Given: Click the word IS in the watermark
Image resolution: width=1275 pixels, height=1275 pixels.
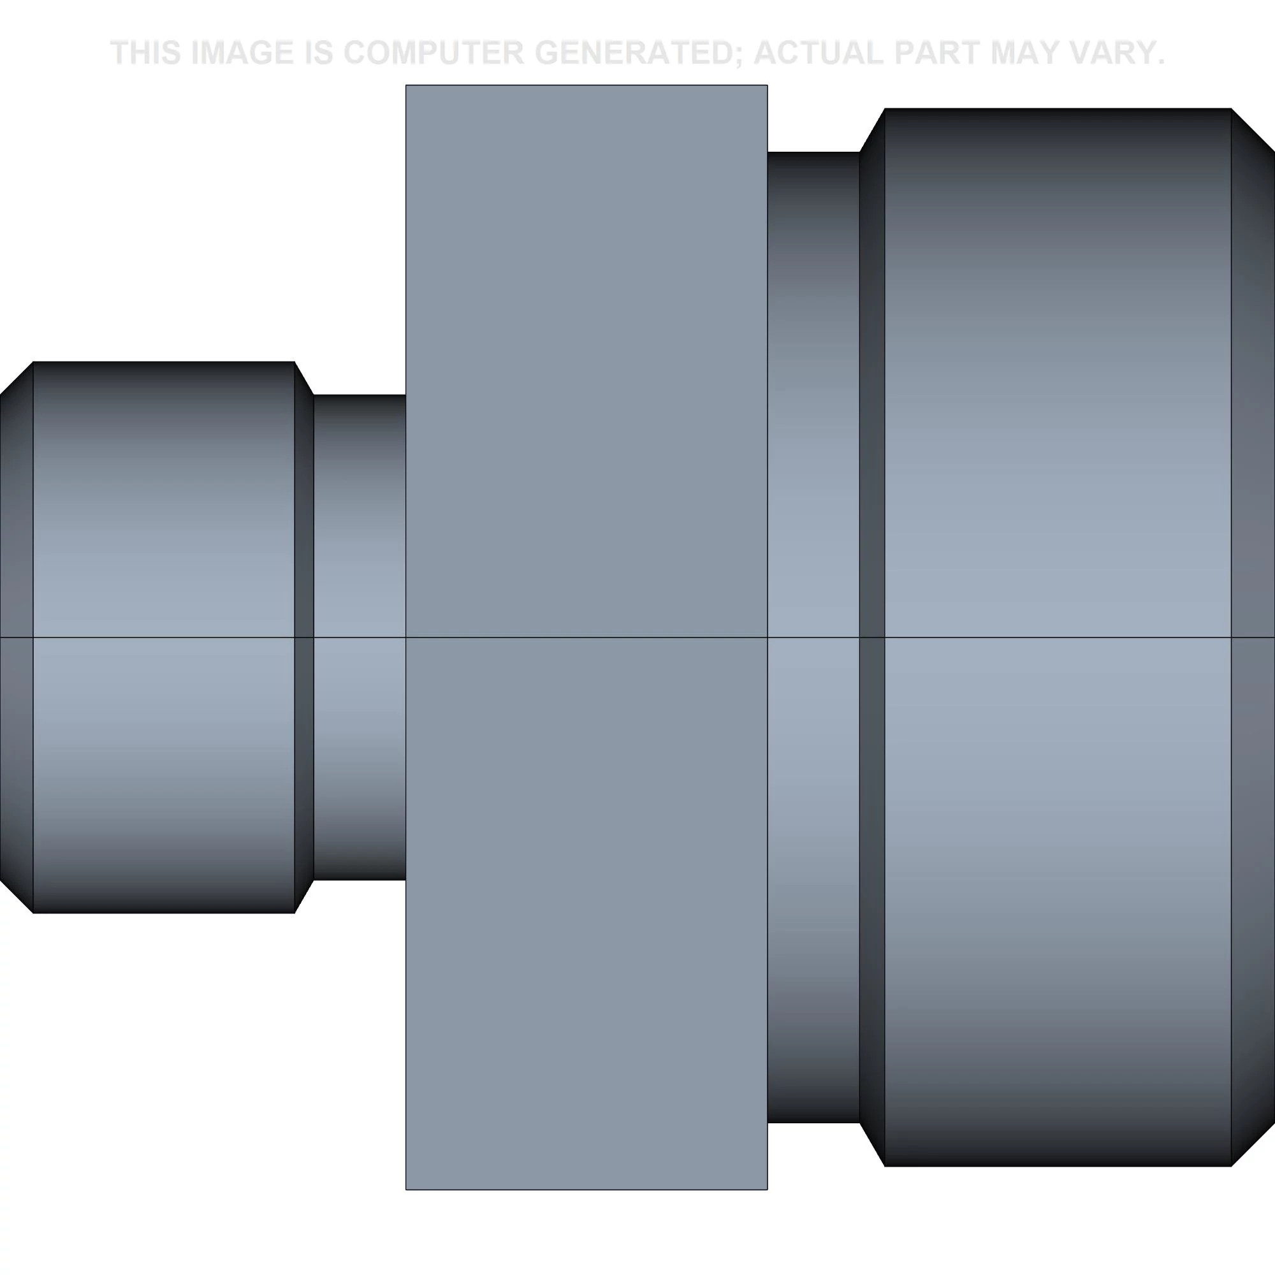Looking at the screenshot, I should [x=320, y=54].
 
